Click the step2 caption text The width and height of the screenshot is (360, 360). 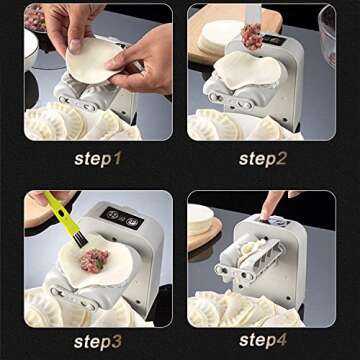262,158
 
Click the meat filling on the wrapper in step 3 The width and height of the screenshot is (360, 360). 94,262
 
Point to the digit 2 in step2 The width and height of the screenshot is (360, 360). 288,158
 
